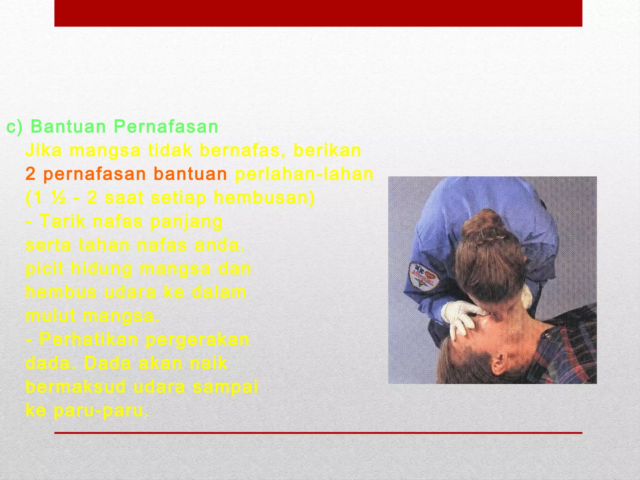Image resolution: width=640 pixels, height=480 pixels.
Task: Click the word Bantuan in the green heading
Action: click(68, 127)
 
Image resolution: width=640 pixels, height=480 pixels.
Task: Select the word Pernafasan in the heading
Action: click(166, 127)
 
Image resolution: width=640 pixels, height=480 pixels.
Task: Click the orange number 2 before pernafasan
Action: click(31, 174)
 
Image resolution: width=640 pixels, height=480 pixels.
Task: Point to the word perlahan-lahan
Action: click(304, 174)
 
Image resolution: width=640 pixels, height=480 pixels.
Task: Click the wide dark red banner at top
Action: click(318, 13)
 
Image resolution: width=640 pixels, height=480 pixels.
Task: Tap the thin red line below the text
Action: click(318, 433)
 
